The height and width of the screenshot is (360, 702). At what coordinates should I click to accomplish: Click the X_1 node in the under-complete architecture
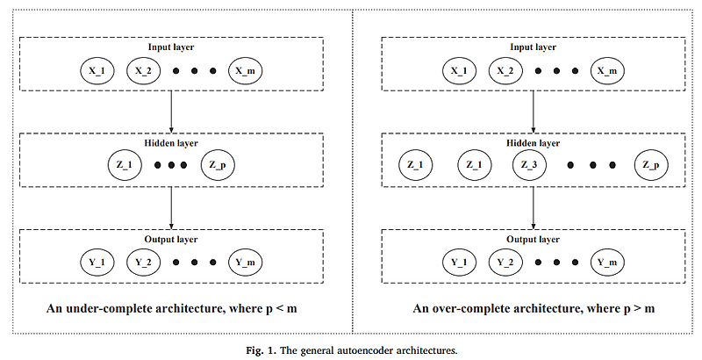[x=97, y=69]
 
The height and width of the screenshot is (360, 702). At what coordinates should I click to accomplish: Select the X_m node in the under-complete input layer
[x=246, y=69]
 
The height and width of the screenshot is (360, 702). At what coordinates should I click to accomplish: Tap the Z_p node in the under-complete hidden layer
[x=218, y=165]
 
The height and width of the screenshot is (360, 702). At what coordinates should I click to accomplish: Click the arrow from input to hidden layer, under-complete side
[x=171, y=111]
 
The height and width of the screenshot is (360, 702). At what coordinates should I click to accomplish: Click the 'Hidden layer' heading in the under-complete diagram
[x=172, y=141]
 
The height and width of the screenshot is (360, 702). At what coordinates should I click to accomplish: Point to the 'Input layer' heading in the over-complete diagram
[x=534, y=46]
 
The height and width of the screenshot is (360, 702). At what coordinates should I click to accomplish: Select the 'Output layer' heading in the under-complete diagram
[x=172, y=237]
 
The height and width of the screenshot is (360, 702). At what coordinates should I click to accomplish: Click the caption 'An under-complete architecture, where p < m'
[x=173, y=309]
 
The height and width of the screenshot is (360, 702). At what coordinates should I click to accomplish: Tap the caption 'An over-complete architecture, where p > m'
[x=534, y=309]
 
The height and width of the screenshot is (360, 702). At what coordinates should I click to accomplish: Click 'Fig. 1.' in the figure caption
[x=261, y=349]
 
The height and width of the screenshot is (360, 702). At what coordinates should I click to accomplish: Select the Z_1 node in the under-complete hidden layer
[x=124, y=165]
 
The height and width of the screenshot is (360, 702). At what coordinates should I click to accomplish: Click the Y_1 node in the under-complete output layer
[x=97, y=261]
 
